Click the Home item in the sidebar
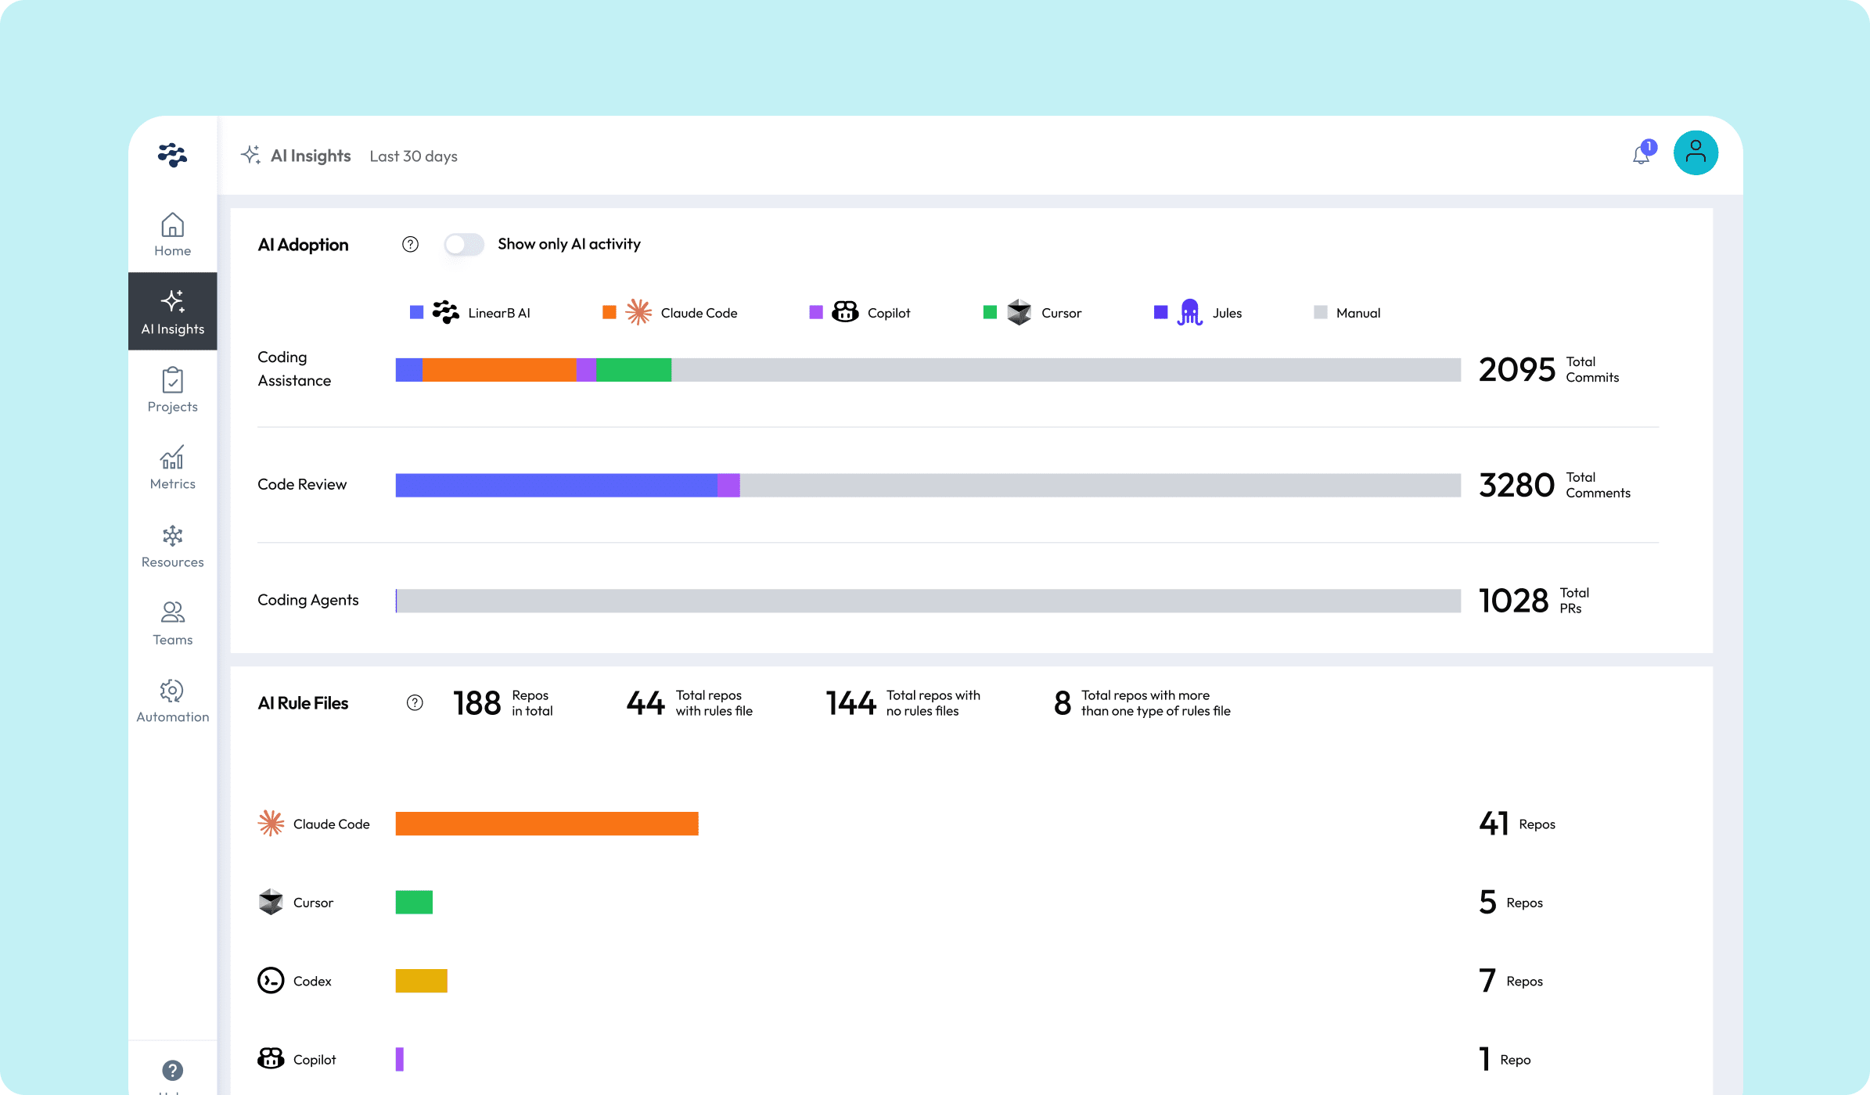click(172, 234)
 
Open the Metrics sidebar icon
click(172, 467)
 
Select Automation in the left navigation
click(172, 701)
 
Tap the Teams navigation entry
click(172, 623)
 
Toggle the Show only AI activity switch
click(464, 244)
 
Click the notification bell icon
click(1642, 155)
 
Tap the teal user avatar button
click(1695, 153)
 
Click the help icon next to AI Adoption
click(410, 244)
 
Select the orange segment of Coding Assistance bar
click(498, 370)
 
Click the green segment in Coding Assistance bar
click(633, 370)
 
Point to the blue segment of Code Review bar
click(556, 485)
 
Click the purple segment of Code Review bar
click(728, 485)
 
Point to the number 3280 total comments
click(1516, 485)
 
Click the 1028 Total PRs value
click(1513, 601)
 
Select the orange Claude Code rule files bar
click(546, 824)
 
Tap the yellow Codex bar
click(421, 981)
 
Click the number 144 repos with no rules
click(850, 702)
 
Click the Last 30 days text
click(413, 156)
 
